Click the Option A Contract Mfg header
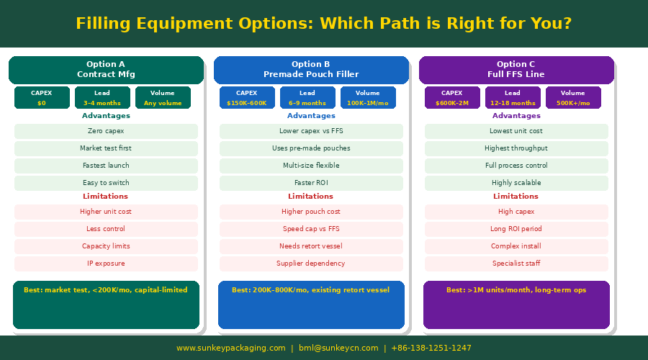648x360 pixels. pyautogui.click(x=107, y=70)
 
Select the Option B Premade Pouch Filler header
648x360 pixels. pyautogui.click(x=311, y=70)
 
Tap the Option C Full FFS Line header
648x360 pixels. pyautogui.click(x=516, y=70)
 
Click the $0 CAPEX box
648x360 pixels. pyautogui.click(x=42, y=97)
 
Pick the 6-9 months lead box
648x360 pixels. pyautogui.click(x=307, y=97)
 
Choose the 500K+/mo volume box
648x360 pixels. pyautogui.click(x=573, y=97)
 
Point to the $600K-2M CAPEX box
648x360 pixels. pyautogui.click(x=452, y=97)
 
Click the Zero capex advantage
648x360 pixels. pyautogui.click(x=107, y=131)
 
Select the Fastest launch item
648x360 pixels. pyautogui.click(x=107, y=166)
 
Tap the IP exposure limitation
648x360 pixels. pyautogui.click(x=107, y=264)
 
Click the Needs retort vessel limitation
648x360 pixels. pyautogui.click(x=311, y=246)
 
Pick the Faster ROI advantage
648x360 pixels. pyautogui.click(x=311, y=183)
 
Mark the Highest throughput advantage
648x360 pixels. pyautogui.click(x=516, y=148)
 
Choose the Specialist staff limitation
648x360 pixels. pyautogui.click(x=516, y=264)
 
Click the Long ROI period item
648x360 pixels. pyautogui.click(x=516, y=229)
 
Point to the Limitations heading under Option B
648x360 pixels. pyautogui.click(x=311, y=197)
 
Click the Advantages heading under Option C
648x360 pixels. pyautogui.click(x=516, y=116)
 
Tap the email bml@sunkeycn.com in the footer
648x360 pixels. pyautogui.click(x=338, y=348)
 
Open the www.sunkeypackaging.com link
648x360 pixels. pyautogui.click(x=231, y=348)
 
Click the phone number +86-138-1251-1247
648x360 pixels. pyautogui.click(x=431, y=348)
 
